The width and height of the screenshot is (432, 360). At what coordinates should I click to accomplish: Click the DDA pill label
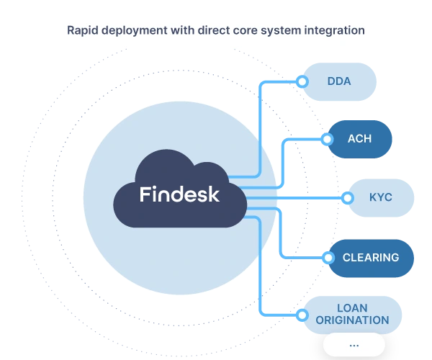[338, 81]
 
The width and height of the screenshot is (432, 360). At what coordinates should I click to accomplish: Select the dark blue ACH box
[359, 138]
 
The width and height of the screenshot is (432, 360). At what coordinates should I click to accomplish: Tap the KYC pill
[380, 197]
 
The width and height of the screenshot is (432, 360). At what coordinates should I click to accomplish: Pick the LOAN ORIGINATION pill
[352, 314]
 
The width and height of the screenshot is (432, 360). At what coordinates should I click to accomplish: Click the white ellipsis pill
[354, 344]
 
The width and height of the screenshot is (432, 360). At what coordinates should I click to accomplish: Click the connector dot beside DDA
[302, 81]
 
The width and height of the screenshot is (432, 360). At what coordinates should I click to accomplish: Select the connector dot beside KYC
[347, 197]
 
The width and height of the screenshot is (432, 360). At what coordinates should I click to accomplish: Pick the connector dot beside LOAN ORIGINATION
[302, 314]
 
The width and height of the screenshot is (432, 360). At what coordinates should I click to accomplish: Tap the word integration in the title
[335, 30]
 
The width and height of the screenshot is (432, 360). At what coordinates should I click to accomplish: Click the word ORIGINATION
[353, 320]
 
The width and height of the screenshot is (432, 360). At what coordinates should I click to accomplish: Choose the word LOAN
[353, 307]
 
